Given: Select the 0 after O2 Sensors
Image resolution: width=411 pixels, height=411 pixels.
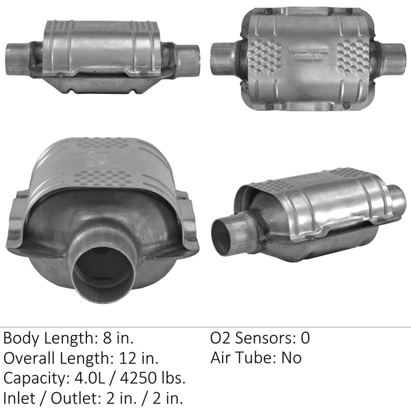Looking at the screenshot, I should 305,338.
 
